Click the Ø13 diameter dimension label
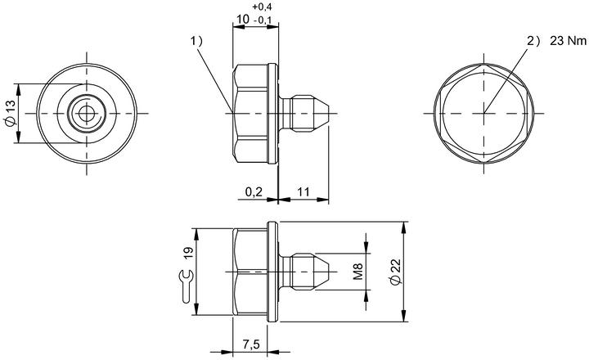coord(10,113)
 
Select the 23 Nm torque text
coord(568,41)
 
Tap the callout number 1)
coord(196,41)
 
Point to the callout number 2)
coord(533,41)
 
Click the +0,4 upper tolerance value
coord(263,7)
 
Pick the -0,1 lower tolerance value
coord(263,20)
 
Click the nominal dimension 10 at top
coord(243,19)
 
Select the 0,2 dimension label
coord(254,192)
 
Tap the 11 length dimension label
coord(303,192)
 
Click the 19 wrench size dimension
coord(188,252)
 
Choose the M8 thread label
coord(358,272)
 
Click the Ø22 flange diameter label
coord(396,272)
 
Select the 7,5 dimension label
coord(251,344)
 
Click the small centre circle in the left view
coord(87,114)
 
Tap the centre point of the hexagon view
coord(483,113)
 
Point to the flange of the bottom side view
coord(273,272)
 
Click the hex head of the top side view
coord(250,113)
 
